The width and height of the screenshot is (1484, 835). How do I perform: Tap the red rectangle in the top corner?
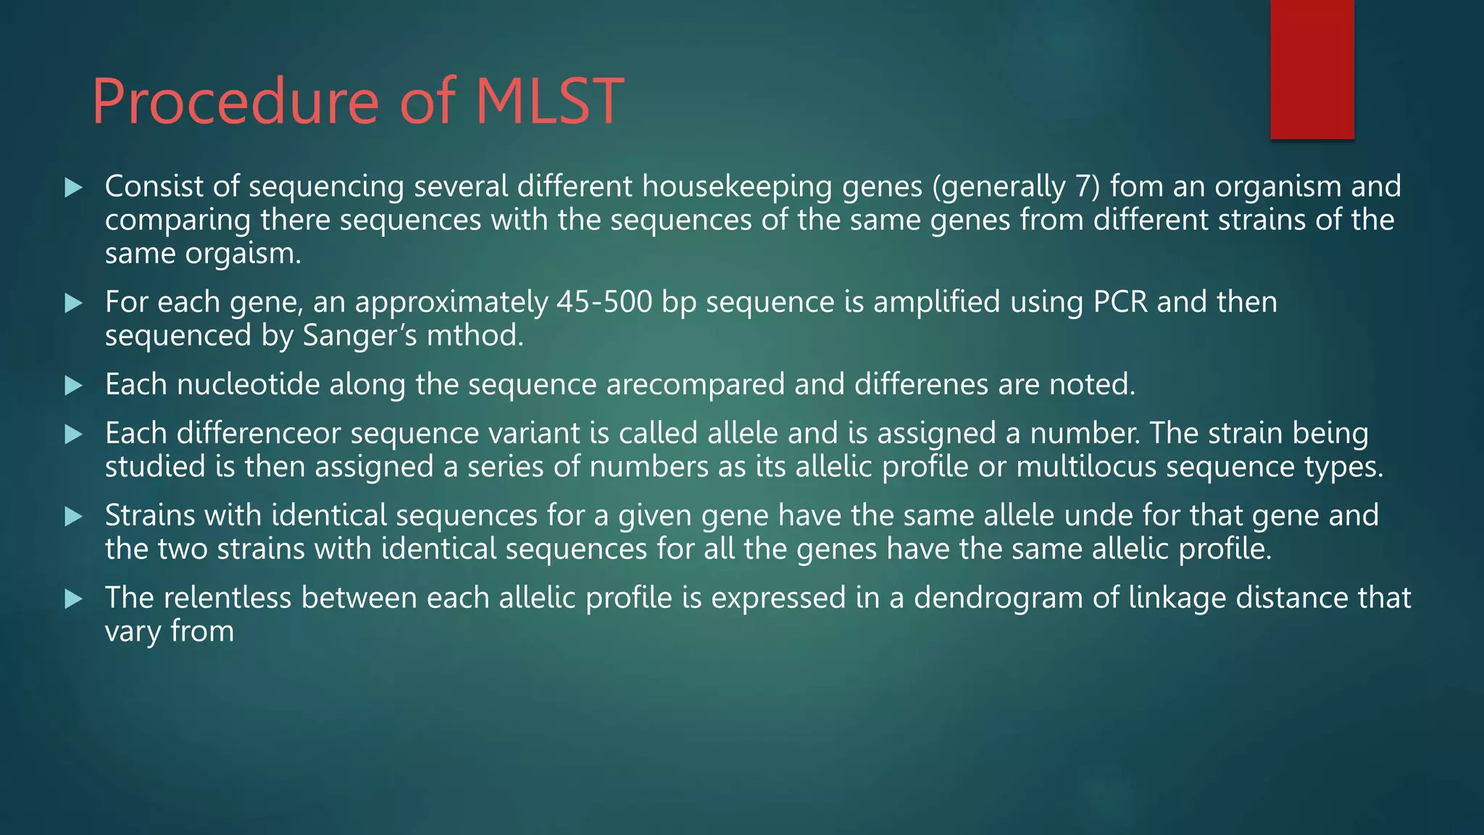(x=1312, y=69)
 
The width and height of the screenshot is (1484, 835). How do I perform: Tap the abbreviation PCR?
(x=1120, y=302)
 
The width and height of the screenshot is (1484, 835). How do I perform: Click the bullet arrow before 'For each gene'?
(x=73, y=303)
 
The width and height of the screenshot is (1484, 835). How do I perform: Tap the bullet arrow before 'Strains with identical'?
(x=73, y=517)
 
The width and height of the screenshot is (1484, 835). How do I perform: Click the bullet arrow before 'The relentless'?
(x=73, y=599)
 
